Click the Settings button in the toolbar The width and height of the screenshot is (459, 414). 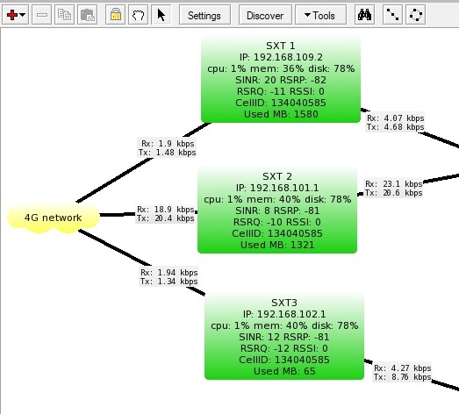204,15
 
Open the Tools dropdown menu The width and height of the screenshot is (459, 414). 320,15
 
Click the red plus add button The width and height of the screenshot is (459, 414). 15,15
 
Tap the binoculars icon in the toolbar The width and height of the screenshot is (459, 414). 364,15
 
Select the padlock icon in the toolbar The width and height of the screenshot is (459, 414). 116,15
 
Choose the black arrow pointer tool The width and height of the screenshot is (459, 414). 161,15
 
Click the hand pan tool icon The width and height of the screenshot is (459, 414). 138,15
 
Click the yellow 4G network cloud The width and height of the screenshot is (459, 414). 54,218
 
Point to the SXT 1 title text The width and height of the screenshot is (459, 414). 281,46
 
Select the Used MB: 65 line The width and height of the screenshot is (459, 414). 284,371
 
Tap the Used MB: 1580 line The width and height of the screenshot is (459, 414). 281,114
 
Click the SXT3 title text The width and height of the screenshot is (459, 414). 284,303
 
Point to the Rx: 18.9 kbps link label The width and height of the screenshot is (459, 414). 165,210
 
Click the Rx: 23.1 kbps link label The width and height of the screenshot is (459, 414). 394,183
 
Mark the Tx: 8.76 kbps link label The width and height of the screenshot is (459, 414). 403,377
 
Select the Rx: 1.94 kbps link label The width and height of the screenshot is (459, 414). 169,273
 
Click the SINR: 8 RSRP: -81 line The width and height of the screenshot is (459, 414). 277,211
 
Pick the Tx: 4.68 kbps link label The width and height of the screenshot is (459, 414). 396,127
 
